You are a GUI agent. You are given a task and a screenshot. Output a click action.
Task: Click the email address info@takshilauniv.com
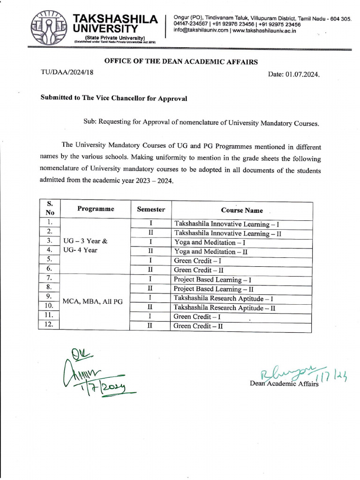(201, 30)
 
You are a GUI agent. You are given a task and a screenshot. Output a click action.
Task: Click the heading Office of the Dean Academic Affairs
(180, 61)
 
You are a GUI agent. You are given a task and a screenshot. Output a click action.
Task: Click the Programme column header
(95, 209)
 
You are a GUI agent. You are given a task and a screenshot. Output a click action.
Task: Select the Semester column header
(150, 210)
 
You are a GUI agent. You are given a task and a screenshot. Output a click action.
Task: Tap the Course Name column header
(242, 210)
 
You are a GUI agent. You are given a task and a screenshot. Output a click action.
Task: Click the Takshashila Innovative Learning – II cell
(227, 233)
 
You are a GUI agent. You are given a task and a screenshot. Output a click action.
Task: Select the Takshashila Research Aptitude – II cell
(224, 308)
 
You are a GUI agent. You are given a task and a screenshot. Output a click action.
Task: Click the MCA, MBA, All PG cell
(92, 301)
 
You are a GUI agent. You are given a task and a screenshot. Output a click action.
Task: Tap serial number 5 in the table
(49, 259)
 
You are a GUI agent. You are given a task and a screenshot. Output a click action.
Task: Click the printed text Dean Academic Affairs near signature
(285, 384)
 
